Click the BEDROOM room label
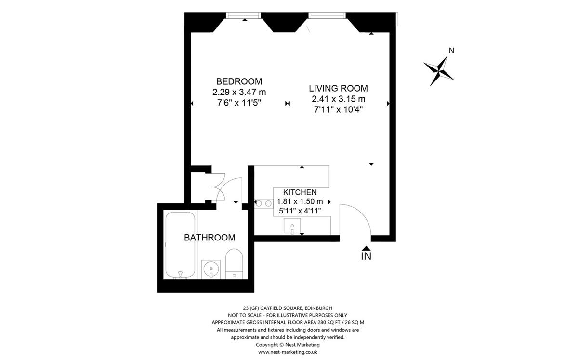[x=239, y=81]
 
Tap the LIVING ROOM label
[x=338, y=88]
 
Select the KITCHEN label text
[x=300, y=192]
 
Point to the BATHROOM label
[x=210, y=238]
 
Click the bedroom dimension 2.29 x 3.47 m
[x=239, y=92]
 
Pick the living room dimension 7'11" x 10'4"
[x=339, y=110]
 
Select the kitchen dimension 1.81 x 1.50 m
[x=300, y=201]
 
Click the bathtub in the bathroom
[x=180, y=244]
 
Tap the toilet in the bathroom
[x=234, y=264]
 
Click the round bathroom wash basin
[x=211, y=269]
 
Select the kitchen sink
[x=292, y=226]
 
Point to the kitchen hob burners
[x=264, y=203]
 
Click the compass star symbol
[x=438, y=71]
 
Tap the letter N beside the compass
[x=452, y=51]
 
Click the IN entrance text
[x=366, y=256]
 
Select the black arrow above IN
[x=367, y=248]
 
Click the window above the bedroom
[x=243, y=15]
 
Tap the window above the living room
[x=327, y=15]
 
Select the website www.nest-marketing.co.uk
[x=288, y=352]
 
